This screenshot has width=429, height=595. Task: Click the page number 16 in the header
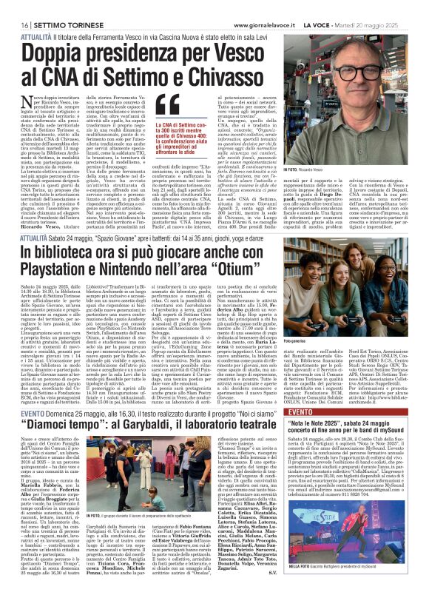click(15, 7)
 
